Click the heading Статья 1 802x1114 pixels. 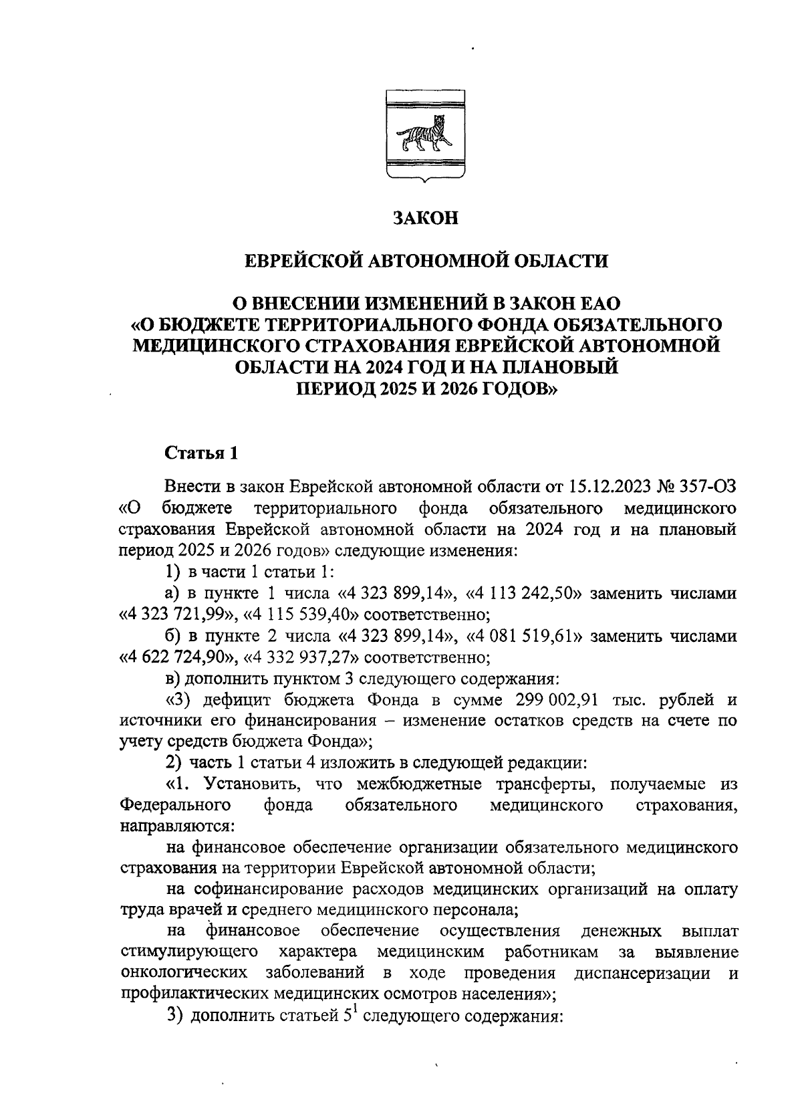(201, 453)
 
